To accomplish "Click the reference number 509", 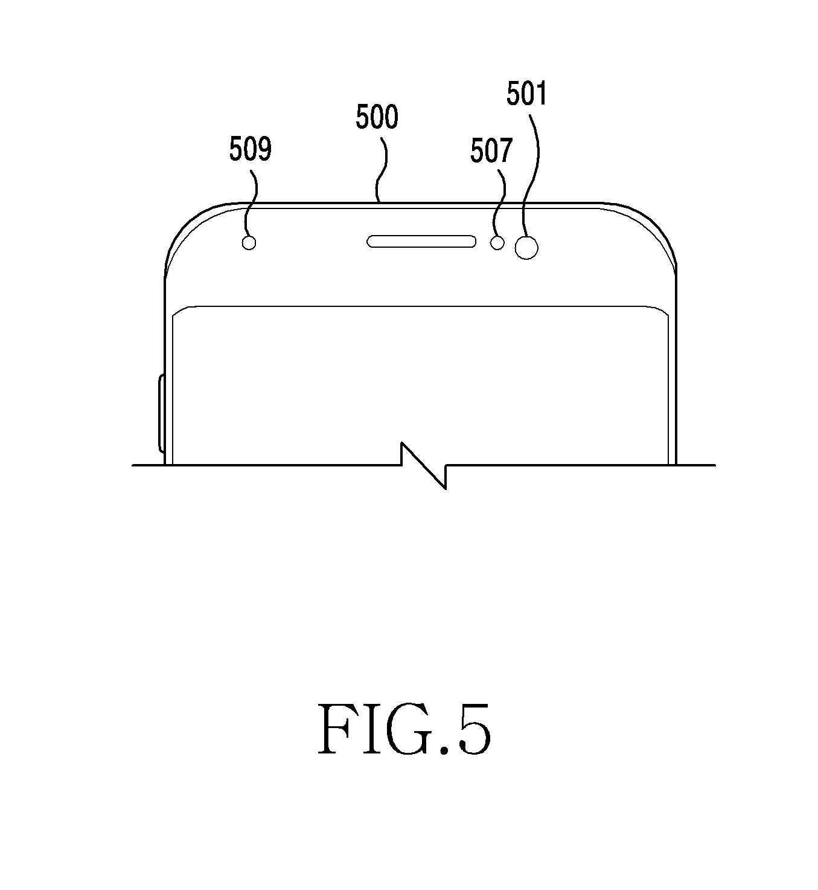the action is pyautogui.click(x=250, y=149).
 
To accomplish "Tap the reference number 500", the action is pyautogui.click(x=377, y=117).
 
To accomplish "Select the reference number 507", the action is pyautogui.click(x=491, y=151).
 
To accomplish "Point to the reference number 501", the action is pyautogui.click(x=526, y=95).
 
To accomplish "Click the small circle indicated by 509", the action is pyautogui.click(x=249, y=243).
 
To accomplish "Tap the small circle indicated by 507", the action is pyautogui.click(x=497, y=243).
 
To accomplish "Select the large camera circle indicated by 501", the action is pyautogui.click(x=526, y=247).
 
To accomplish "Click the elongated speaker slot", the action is pyautogui.click(x=422, y=242).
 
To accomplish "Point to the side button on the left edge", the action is pyautogui.click(x=161, y=413).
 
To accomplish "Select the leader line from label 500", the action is pyautogui.click(x=382, y=169).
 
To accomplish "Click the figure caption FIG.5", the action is pyautogui.click(x=404, y=730).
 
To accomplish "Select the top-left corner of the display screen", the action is pyautogui.click(x=176, y=311).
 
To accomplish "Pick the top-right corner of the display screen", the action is pyautogui.click(x=665, y=311).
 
